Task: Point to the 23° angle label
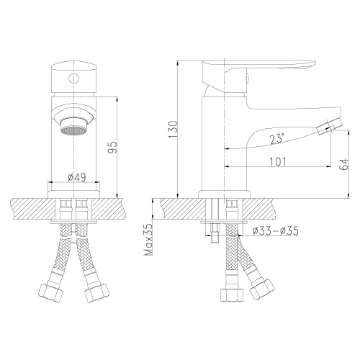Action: (278, 138)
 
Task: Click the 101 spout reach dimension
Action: (280, 162)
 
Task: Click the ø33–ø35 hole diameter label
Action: (276, 230)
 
